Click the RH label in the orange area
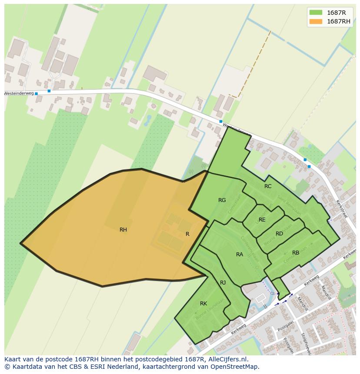123,230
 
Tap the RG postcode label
222,200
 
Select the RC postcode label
268,186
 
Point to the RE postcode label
262,220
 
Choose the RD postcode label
279,234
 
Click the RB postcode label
296,253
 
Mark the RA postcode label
240,255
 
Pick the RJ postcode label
223,283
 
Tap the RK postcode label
203,304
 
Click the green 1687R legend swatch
316,13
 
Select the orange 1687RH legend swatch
316,21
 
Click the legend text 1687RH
339,21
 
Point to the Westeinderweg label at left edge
18,93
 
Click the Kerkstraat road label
342,209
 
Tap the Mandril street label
326,292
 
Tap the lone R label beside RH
187,234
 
